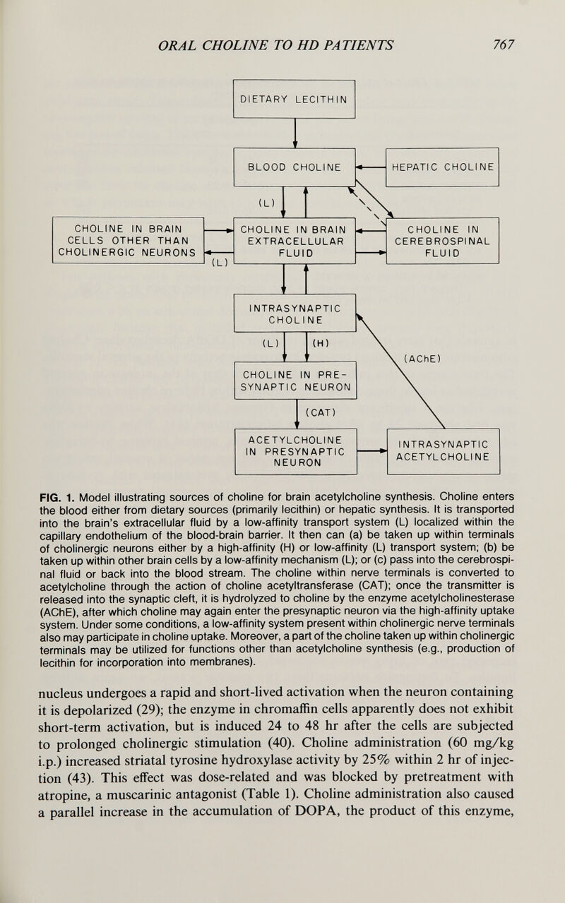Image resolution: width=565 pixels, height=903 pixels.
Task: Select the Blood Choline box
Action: (294, 167)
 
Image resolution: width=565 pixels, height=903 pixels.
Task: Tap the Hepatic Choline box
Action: (442, 167)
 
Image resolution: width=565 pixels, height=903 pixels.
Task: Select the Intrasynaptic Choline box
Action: (294, 313)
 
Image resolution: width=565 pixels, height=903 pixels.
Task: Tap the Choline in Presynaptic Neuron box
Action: (294, 382)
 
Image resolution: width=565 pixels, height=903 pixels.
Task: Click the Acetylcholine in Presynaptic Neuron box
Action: (294, 450)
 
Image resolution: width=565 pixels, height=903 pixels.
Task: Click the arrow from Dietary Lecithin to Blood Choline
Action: (292, 133)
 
